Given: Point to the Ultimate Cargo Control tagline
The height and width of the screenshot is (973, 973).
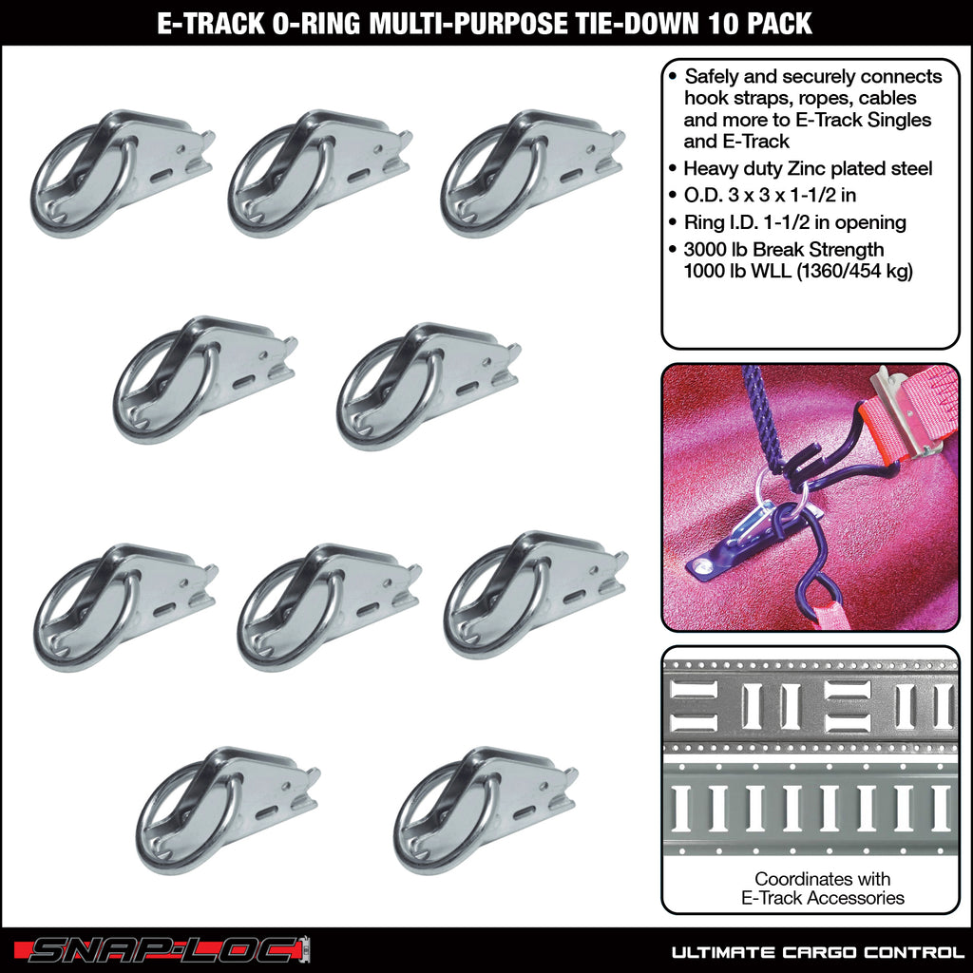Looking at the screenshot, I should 812,951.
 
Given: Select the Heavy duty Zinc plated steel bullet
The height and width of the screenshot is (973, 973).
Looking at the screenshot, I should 808,169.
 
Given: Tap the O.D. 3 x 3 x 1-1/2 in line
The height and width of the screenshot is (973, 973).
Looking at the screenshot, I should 775,196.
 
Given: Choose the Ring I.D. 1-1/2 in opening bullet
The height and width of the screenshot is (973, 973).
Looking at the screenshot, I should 794,222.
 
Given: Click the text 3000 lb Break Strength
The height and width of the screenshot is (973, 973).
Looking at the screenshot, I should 784,249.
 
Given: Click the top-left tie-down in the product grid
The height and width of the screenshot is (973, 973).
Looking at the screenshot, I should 122,171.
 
